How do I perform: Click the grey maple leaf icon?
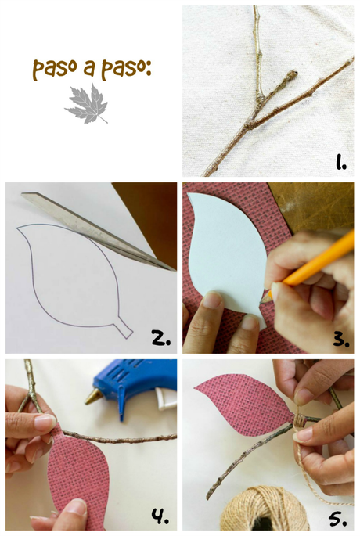tap(87, 103)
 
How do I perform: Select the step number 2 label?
tap(161, 338)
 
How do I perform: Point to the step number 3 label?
tap(341, 340)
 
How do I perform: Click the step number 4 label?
tap(160, 516)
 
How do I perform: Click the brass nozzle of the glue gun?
tap(93, 397)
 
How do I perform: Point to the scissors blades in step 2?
tap(98, 231)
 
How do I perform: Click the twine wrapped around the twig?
tap(299, 419)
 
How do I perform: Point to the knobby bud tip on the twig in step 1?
tap(292, 74)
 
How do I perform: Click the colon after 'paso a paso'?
tap(149, 68)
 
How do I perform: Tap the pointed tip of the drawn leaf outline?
tap(17, 228)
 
